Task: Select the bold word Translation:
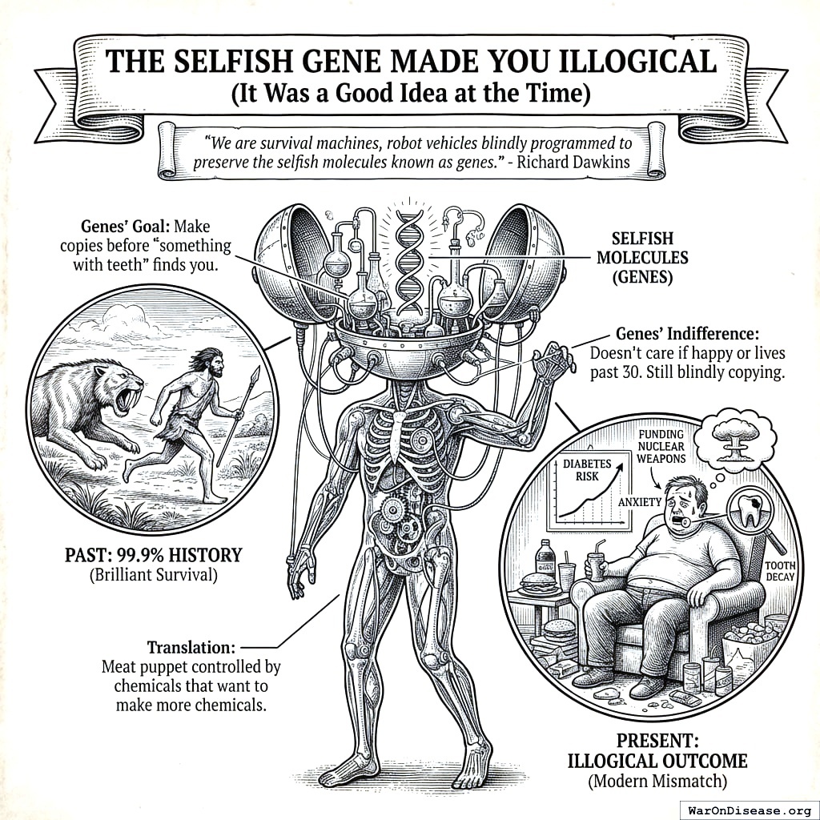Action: point(191,646)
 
